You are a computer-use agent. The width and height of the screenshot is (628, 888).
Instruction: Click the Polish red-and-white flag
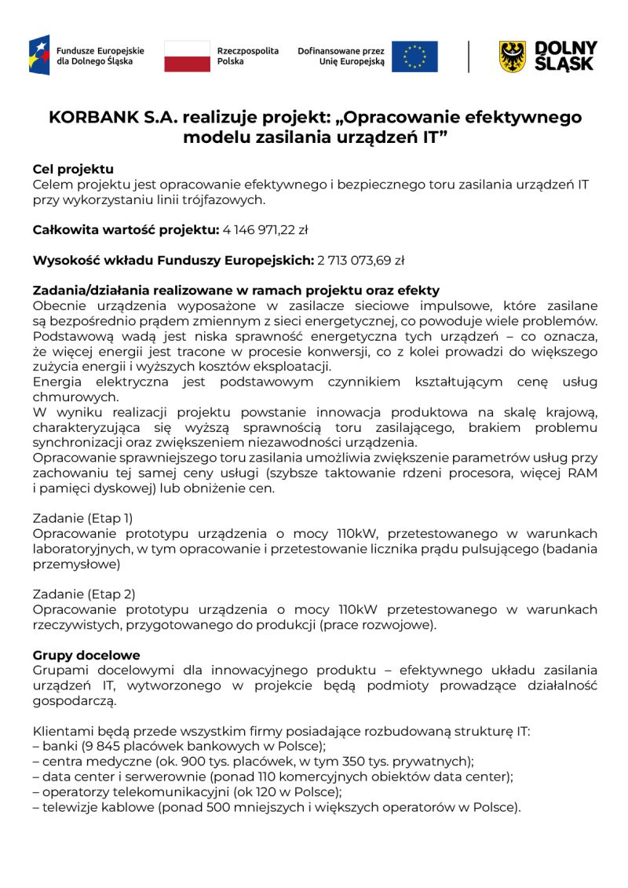click(187, 57)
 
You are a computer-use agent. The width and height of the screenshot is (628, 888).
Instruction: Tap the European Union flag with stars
click(414, 57)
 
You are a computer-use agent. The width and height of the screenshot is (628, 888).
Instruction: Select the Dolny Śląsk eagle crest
click(513, 57)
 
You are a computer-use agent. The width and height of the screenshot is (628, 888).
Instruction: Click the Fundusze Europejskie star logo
click(39, 55)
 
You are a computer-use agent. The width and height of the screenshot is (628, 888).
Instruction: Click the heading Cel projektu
click(73, 169)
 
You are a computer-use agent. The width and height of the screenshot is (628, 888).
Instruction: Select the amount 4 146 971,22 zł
click(265, 230)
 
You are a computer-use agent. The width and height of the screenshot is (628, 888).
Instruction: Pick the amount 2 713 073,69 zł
click(360, 260)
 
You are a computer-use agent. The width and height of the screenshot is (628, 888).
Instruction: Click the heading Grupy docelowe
click(86, 655)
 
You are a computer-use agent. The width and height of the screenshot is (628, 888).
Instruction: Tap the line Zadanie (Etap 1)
click(82, 518)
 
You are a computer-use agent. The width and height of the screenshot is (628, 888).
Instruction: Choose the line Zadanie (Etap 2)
click(83, 594)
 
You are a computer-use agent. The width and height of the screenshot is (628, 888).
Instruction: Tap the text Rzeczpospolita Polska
click(247, 56)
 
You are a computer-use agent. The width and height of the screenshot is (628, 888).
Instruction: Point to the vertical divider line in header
click(469, 57)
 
